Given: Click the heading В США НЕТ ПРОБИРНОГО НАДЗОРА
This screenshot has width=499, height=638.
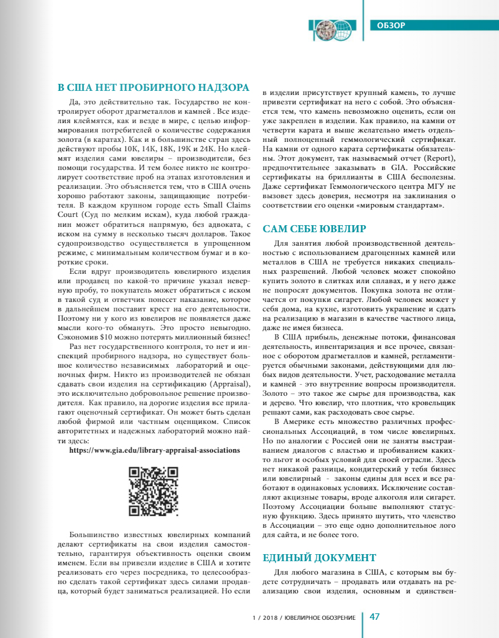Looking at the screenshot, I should tap(154, 89).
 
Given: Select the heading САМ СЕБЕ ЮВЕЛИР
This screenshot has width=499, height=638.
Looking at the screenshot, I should tap(314, 229).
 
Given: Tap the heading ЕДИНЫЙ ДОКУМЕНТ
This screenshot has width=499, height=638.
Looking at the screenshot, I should tap(319, 557).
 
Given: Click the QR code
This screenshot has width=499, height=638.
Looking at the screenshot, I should tap(153, 491).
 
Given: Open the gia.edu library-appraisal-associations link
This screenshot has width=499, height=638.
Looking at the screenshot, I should tap(154, 450).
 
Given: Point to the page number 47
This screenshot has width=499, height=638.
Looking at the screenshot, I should tap(375, 616).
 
